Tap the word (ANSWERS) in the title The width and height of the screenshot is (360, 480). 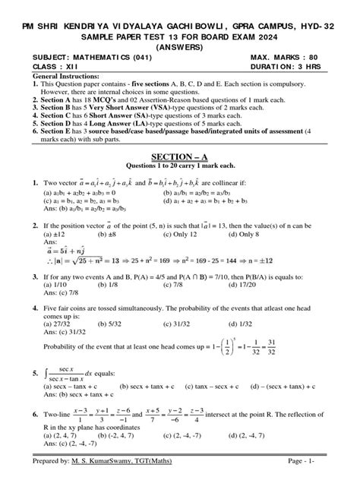point(179,44)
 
